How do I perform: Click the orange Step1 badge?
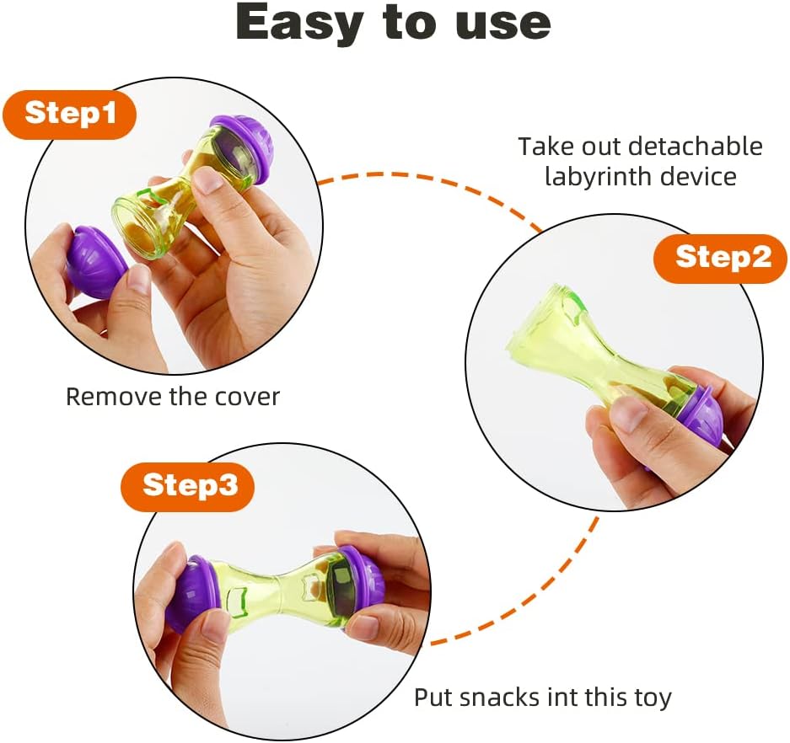(69, 114)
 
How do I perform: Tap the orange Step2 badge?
(721, 259)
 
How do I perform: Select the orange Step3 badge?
(188, 486)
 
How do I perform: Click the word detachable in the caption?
(696, 147)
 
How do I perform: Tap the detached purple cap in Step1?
(96, 261)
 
